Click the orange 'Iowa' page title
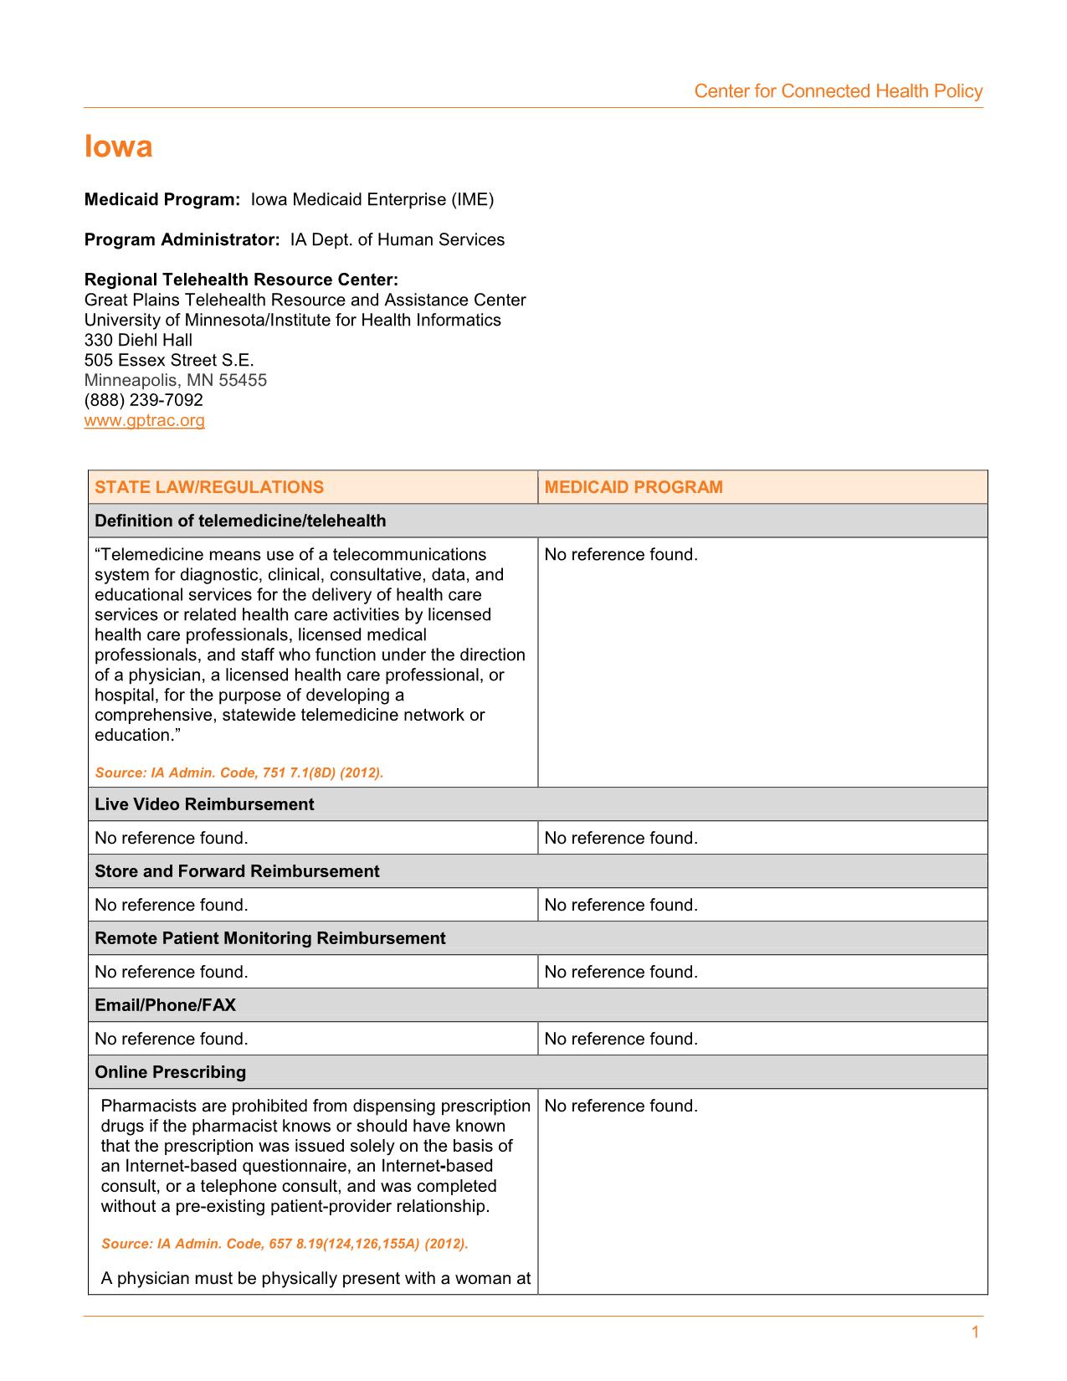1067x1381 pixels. [118, 147]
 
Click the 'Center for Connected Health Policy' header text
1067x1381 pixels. [838, 91]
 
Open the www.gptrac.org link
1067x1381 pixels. [144, 420]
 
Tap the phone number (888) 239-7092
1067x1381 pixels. [143, 400]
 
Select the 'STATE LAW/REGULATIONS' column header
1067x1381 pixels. [208, 487]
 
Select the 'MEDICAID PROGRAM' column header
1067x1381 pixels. [633, 487]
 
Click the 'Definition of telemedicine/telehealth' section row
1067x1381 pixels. [240, 521]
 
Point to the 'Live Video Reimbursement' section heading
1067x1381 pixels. [204, 804]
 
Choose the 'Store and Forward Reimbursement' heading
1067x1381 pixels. [237, 871]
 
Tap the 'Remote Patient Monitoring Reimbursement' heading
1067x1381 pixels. [269, 938]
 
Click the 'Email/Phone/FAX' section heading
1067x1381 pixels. [165, 1005]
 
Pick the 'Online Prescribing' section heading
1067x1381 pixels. [170, 1072]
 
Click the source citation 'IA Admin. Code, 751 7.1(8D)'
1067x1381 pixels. [239, 773]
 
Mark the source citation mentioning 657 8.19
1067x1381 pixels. [284, 1244]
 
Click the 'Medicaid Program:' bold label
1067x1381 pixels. [162, 199]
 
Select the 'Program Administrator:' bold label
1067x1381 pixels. [182, 239]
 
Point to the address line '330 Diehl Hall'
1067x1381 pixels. [138, 340]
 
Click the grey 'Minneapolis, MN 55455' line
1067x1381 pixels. [175, 380]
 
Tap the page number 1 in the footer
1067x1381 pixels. [975, 1332]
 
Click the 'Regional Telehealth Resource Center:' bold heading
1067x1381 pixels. [241, 280]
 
